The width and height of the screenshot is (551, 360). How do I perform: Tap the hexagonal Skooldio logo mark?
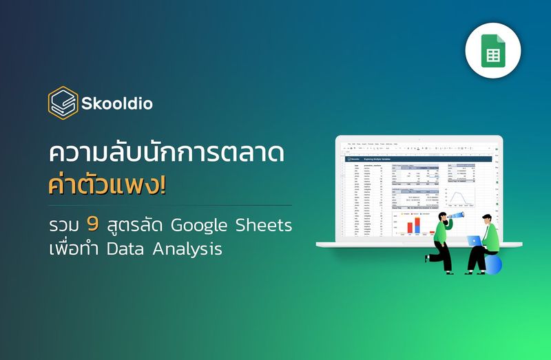pyautogui.click(x=63, y=103)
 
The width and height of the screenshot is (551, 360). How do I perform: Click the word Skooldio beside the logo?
pyautogui.click(x=116, y=104)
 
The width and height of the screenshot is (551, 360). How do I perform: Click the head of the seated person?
pyautogui.click(x=486, y=216)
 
